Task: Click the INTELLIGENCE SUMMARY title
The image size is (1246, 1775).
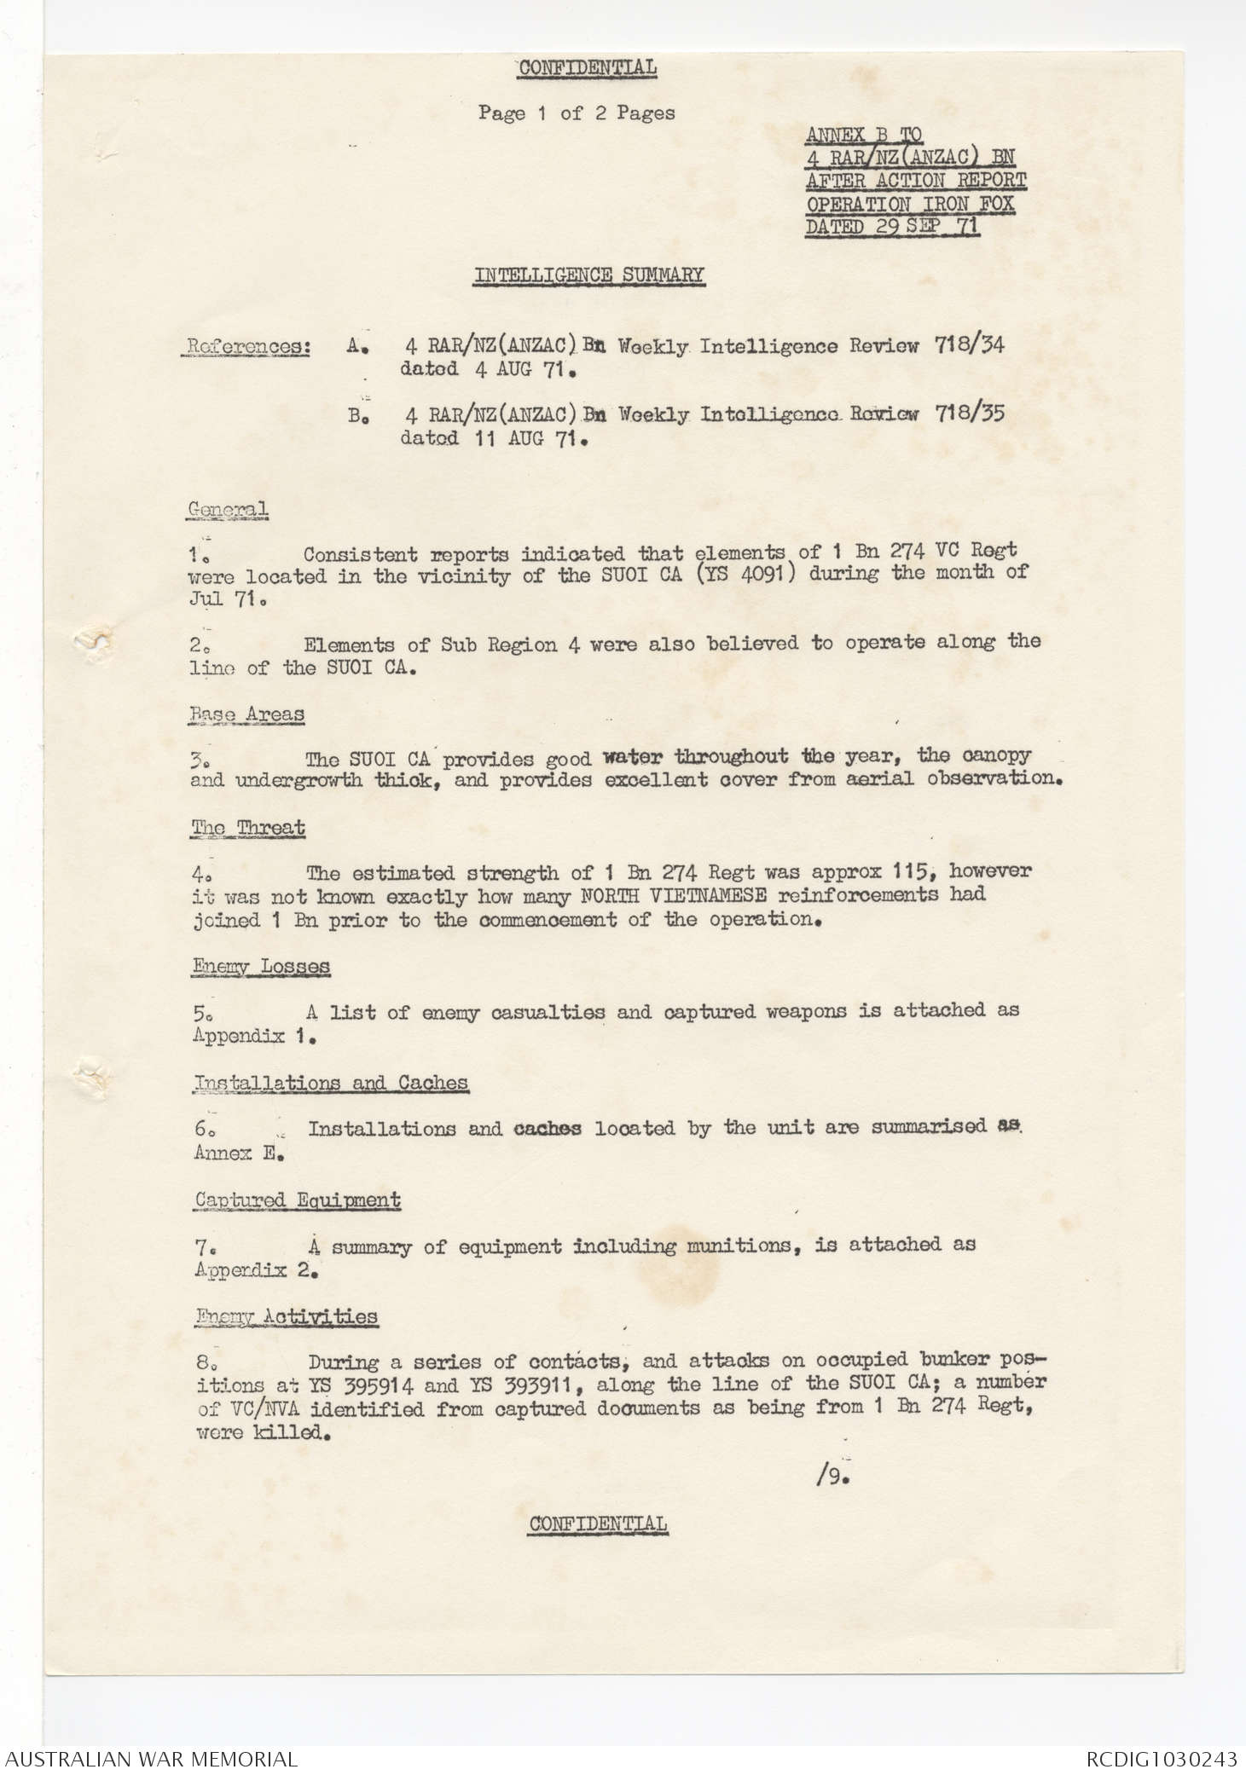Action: [x=589, y=275]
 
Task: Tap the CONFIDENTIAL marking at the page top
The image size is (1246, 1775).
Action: [x=588, y=67]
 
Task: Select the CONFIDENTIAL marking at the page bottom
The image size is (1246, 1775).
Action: [x=598, y=1523]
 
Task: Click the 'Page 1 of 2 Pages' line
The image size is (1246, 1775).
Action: [x=577, y=113]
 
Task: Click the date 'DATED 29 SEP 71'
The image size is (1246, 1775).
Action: [x=892, y=227]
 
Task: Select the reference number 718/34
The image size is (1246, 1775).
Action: [x=969, y=344]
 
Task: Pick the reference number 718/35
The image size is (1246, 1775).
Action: [x=969, y=413]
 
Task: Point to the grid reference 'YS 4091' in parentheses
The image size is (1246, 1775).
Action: [x=745, y=573]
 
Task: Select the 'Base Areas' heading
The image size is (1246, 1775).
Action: [x=247, y=714]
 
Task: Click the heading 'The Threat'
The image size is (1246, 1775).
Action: [x=248, y=828]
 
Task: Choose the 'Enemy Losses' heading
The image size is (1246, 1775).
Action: [x=261, y=966]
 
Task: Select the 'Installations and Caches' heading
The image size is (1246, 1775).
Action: [x=331, y=1083]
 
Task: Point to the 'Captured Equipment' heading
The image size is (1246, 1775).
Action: [x=297, y=1200]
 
